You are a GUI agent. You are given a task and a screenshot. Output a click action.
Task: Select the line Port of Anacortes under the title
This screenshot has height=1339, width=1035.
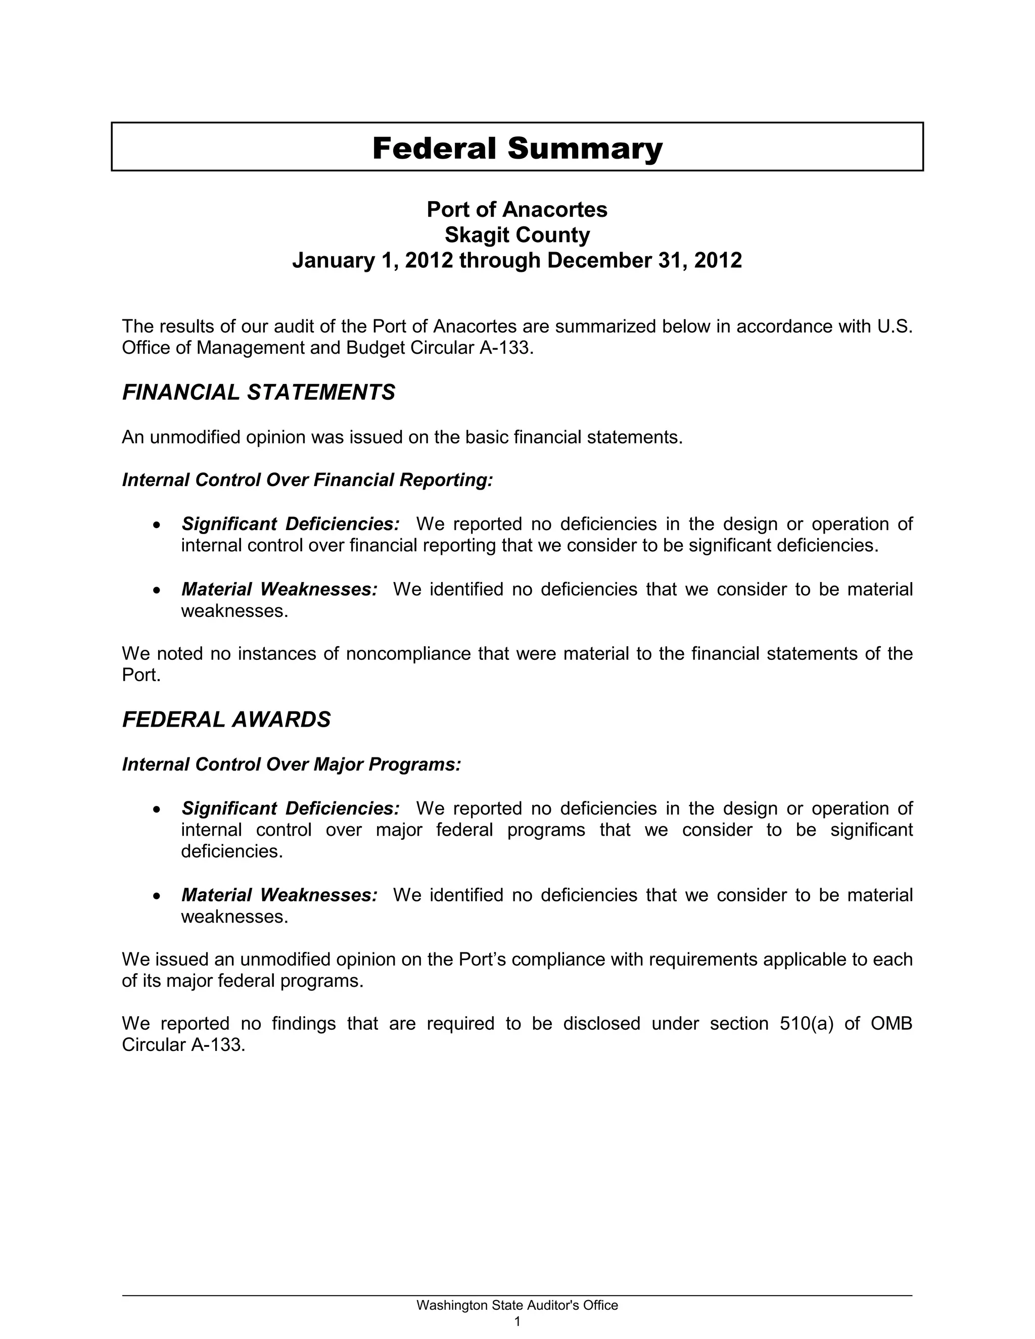point(517,210)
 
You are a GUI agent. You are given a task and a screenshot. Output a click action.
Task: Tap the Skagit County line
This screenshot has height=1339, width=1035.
point(517,235)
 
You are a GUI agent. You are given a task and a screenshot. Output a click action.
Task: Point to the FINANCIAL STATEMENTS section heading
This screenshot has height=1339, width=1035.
point(258,393)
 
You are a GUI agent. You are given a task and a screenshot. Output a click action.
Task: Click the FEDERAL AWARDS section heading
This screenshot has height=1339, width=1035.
point(226,720)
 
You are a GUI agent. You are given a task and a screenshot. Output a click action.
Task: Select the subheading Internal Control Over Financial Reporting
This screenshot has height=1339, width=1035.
point(307,480)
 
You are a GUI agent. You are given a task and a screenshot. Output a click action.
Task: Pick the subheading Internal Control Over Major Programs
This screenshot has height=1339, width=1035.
point(291,764)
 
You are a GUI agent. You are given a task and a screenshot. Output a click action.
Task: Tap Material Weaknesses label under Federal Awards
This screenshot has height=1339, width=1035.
point(279,895)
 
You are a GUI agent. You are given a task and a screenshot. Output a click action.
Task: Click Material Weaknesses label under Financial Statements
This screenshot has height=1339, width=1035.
point(279,589)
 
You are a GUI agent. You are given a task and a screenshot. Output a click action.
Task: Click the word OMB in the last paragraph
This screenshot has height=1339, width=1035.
point(891,1024)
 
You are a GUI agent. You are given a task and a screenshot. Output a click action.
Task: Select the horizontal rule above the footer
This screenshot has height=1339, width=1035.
point(517,1296)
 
